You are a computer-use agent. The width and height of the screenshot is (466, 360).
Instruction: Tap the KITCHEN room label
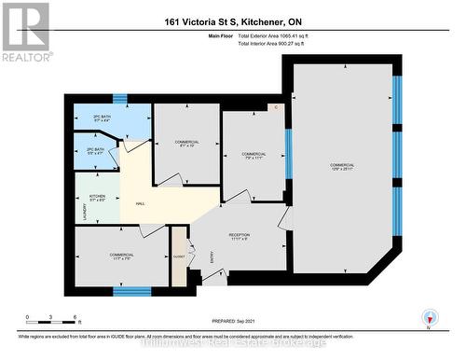tap(98, 198)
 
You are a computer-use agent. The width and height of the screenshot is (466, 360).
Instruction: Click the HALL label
tap(140, 203)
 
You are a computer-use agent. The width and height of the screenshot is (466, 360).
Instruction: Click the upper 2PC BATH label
tap(102, 118)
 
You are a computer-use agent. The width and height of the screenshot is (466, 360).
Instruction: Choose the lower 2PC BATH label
tap(94, 151)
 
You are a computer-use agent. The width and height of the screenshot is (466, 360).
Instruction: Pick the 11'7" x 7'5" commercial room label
tap(121, 256)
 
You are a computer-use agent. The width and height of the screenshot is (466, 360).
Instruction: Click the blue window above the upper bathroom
tap(119, 97)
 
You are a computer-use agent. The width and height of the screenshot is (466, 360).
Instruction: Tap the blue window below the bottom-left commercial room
tap(131, 291)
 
